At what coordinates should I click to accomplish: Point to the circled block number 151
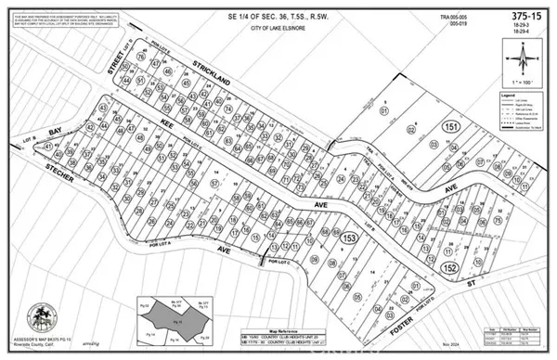451,127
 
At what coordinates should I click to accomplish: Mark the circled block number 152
451,267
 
